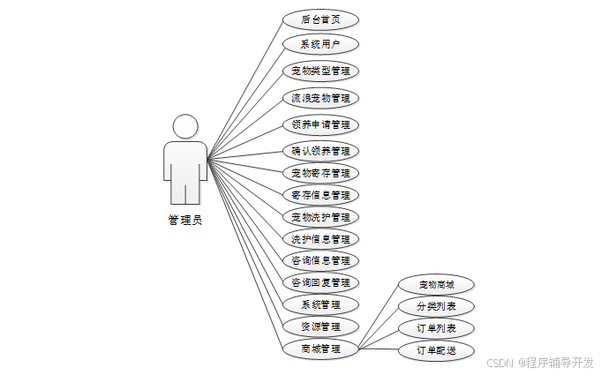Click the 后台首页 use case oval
click(x=320, y=18)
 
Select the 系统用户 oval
click(x=320, y=43)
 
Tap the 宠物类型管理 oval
click(x=320, y=70)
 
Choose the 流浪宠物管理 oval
click(x=320, y=97)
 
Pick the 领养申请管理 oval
click(x=320, y=124)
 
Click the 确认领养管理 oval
click(x=320, y=151)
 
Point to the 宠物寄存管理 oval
click(x=320, y=173)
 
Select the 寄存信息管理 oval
click(x=320, y=195)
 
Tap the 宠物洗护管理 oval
click(x=320, y=217)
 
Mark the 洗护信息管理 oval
click(x=320, y=239)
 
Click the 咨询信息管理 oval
click(x=320, y=260)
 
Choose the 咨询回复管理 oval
click(x=320, y=282)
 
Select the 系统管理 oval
click(x=320, y=304)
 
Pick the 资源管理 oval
click(x=320, y=326)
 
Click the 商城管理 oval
click(x=320, y=349)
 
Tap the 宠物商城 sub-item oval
click(x=436, y=285)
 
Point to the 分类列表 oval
click(x=436, y=307)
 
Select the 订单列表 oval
click(x=436, y=329)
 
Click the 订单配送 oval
click(x=436, y=351)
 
